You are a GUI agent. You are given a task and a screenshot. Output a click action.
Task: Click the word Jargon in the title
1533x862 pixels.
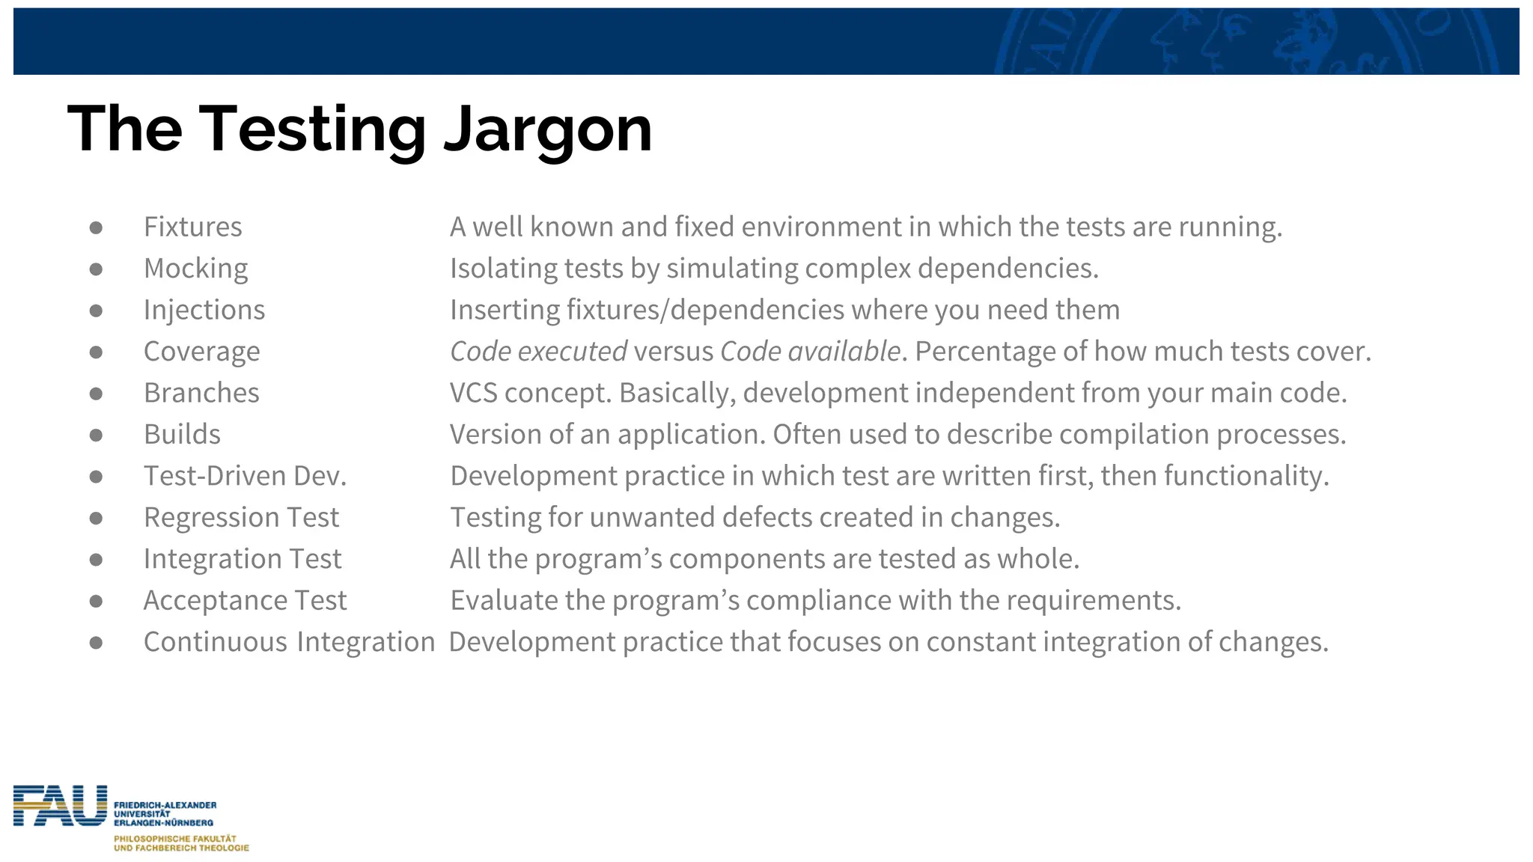point(548,130)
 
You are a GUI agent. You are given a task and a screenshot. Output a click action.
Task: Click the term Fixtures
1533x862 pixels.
point(192,227)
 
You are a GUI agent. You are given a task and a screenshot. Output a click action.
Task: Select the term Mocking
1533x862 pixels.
point(195,269)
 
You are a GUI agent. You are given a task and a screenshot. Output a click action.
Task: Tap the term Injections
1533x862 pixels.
point(204,310)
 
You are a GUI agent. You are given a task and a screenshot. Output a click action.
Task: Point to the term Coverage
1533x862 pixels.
point(201,352)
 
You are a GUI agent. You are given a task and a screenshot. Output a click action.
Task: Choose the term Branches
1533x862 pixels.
point(201,393)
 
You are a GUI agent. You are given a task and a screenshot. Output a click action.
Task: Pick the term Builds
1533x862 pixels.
point(182,435)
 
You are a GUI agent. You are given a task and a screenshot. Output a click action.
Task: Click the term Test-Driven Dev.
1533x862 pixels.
point(245,476)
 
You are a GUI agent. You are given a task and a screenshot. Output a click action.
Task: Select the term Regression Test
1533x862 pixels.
point(241,518)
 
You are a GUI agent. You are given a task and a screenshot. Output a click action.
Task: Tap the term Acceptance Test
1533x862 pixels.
point(245,601)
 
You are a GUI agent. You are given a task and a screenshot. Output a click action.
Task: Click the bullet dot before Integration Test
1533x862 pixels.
point(96,560)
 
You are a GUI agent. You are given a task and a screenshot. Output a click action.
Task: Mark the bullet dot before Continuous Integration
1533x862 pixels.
point(96,643)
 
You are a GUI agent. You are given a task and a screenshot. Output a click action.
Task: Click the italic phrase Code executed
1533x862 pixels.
point(538,352)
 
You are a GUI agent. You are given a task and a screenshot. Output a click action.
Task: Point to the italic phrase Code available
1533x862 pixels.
point(810,352)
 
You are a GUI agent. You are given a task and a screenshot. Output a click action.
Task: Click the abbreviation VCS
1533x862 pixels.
point(473,393)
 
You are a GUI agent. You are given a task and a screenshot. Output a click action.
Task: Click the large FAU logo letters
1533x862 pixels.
point(60,806)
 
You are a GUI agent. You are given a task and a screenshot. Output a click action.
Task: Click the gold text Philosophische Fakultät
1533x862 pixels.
point(174,839)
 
